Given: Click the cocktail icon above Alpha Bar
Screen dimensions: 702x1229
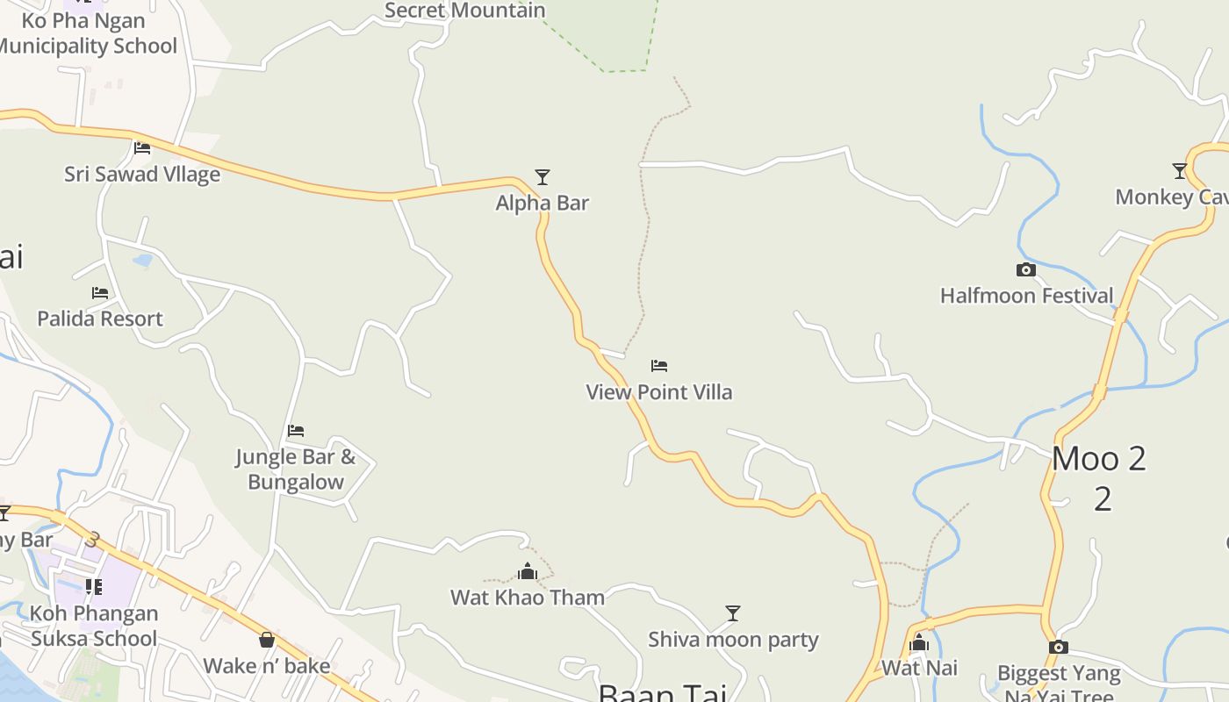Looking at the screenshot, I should (543, 177).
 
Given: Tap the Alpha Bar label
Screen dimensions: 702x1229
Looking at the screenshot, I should (543, 203).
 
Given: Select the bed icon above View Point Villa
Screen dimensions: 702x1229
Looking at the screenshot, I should (659, 366).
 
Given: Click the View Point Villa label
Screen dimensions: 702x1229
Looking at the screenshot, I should (659, 392).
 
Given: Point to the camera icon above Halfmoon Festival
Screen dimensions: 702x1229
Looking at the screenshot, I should (1025, 270).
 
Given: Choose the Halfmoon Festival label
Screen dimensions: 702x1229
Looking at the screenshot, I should (1026, 296).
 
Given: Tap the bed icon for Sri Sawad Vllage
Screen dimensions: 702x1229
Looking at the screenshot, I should (142, 148).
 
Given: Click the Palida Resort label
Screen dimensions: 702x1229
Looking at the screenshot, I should (100, 319).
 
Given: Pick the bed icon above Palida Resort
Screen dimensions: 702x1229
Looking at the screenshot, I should (100, 293).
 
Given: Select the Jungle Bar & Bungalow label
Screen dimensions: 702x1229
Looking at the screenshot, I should (296, 469).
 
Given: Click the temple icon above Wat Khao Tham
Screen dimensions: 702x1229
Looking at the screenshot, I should (527, 572).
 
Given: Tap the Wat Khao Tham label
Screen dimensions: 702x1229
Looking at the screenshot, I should (528, 598).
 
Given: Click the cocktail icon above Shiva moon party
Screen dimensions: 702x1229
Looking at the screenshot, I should (733, 613).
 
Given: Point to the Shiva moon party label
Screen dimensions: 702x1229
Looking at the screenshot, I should (733, 640).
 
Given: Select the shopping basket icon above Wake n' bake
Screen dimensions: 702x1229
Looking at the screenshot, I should (267, 640).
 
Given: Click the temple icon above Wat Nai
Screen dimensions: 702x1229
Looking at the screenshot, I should (919, 643).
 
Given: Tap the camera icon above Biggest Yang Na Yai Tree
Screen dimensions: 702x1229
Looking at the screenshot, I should (1059, 648).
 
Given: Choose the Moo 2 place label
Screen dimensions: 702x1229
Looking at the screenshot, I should (1099, 459).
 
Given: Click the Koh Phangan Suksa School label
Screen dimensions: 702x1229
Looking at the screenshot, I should (94, 626).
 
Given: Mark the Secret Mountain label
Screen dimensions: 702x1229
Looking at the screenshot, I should (465, 11).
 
